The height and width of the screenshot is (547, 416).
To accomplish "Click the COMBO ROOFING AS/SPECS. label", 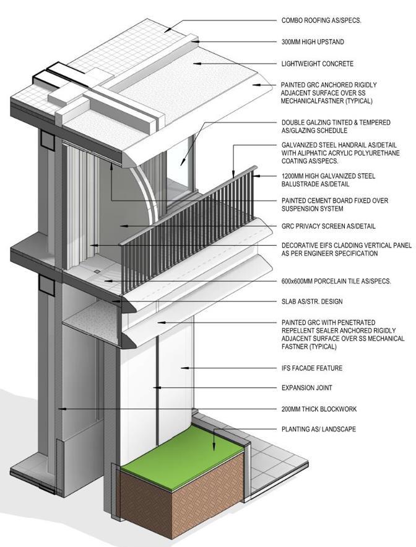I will (x=321, y=20).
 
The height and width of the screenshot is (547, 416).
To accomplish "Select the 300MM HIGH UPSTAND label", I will (x=313, y=42).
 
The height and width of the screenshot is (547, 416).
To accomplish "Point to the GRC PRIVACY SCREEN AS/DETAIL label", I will (x=328, y=226).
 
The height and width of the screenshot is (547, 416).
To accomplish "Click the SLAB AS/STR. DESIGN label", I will (x=311, y=302).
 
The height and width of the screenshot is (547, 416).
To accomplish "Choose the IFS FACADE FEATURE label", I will (x=312, y=368).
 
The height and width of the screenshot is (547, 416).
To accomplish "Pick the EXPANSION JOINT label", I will (x=307, y=388).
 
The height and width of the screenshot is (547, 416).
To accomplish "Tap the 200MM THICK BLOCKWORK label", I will (x=319, y=409).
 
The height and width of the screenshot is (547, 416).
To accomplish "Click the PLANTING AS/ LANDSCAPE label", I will (x=318, y=429).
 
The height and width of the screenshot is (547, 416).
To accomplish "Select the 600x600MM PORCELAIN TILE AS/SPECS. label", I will (x=336, y=281).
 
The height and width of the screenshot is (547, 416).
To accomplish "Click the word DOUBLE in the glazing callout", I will (x=293, y=123).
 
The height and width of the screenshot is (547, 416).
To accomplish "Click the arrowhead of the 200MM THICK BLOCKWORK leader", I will (x=60, y=409).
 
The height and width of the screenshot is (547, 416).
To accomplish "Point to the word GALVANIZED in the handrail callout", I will (x=300, y=145).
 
